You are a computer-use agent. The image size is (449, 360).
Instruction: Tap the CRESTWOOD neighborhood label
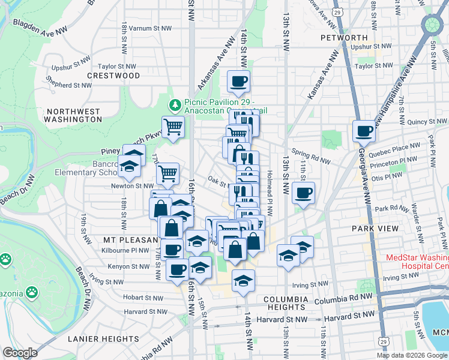[x=113, y=76]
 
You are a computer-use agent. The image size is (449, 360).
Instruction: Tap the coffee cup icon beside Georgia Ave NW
[x=364, y=131]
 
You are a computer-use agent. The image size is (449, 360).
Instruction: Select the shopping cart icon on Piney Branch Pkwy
[x=173, y=127]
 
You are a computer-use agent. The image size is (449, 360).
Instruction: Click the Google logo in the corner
[x=20, y=352]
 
